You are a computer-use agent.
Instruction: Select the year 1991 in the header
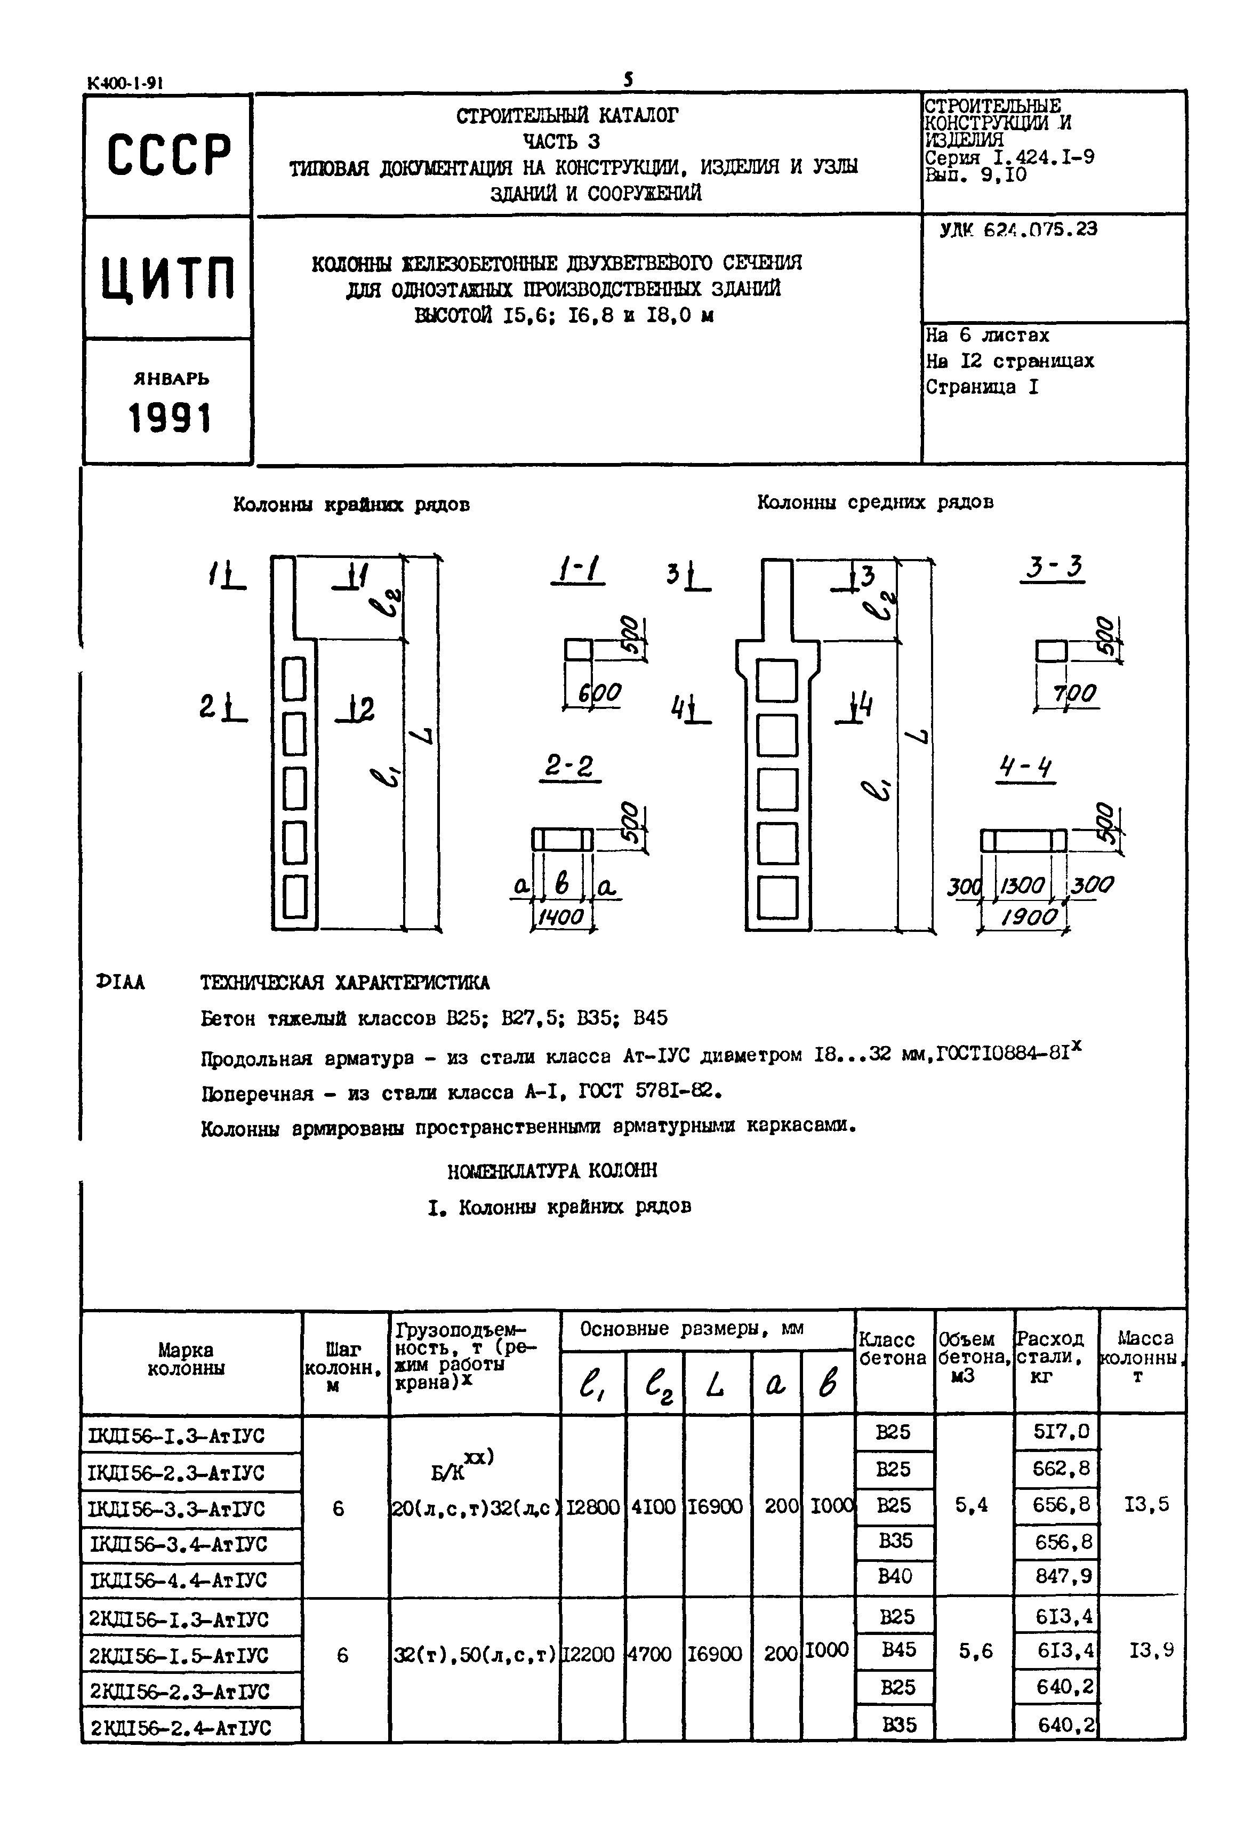[x=170, y=418]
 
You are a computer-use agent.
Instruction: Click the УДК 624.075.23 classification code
[x=1018, y=230]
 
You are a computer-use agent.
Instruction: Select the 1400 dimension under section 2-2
[x=560, y=916]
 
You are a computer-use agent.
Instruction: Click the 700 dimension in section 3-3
[x=1074, y=694]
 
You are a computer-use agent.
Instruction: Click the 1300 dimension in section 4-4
[x=1023, y=886]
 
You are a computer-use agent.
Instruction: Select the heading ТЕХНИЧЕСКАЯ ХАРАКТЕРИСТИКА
[x=345, y=983]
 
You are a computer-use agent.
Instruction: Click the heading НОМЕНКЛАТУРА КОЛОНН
[x=552, y=1171]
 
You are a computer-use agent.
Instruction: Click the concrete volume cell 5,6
[x=976, y=1651]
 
